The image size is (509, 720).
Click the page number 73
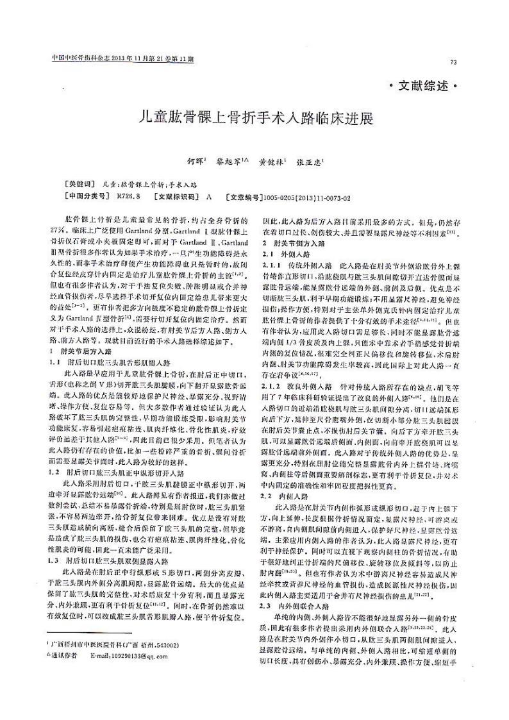coord(454,62)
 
